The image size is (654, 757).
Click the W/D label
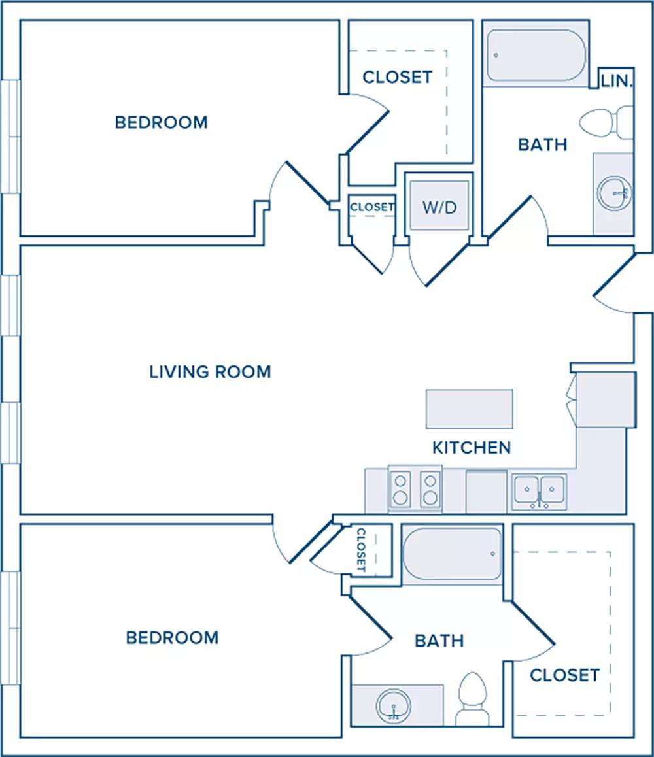coord(439,207)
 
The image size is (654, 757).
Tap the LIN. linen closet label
coord(617,80)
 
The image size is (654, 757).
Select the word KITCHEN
coord(472,448)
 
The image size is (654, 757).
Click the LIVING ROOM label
coord(210,372)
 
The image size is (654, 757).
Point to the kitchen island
coord(469,409)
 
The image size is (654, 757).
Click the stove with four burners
coord(415,488)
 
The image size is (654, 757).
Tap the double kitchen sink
coord(539,491)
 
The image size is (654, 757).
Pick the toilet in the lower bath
coord(472,699)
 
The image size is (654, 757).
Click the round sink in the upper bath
coord(614,193)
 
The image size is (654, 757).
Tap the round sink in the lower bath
coord(394,706)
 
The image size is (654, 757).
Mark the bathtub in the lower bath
coord(453,554)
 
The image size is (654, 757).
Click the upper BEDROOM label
coord(162,122)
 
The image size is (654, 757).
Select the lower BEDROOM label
coord(173,637)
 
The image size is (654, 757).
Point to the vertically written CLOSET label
coord(361,550)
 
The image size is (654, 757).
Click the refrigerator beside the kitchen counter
coord(606,399)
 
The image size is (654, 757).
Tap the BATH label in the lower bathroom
coord(439,641)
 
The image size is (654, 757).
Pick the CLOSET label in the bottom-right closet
coord(564,675)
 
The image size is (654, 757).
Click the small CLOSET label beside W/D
coord(372,207)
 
